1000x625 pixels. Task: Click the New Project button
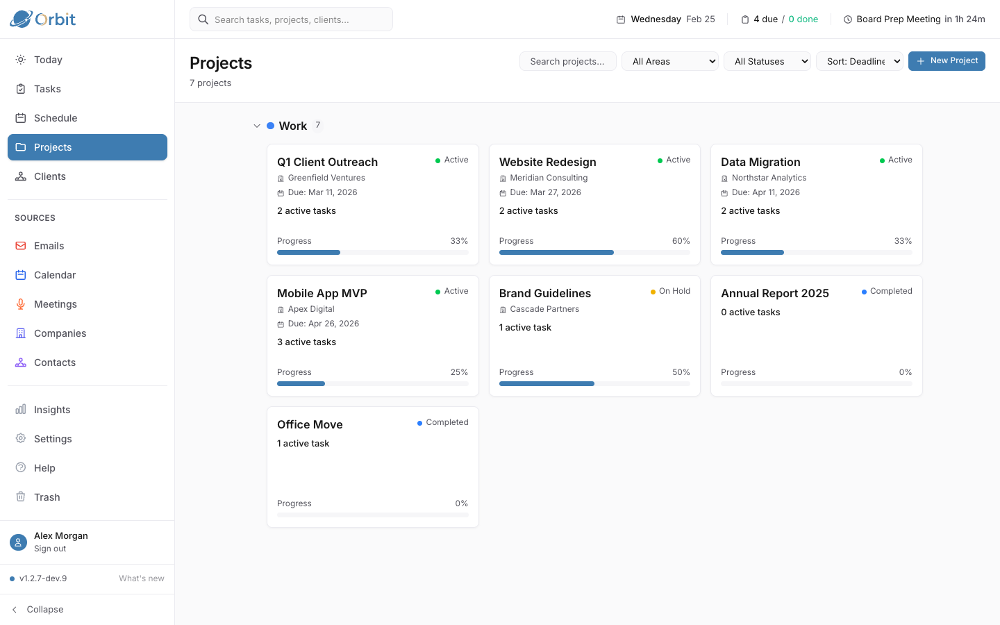pos(947,61)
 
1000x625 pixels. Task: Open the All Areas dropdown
pos(670,62)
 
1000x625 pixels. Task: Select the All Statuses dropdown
pos(767,62)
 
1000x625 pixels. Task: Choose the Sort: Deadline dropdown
pos(860,62)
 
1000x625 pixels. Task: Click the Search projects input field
pos(567,62)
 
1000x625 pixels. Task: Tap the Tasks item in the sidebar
pos(47,89)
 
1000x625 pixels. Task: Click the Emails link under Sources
pos(49,246)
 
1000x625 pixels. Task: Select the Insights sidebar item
pos(52,410)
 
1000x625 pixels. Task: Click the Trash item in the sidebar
pos(47,497)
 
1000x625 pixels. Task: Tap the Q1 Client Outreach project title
pos(327,162)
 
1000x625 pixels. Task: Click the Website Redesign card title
pos(547,162)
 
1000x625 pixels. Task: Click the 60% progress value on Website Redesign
pos(681,241)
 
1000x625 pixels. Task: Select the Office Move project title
pos(310,424)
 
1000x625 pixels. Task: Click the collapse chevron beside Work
pos(257,126)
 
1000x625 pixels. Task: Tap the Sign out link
pos(50,549)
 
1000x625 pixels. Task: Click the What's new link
pos(142,578)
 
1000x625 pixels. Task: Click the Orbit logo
pos(43,19)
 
